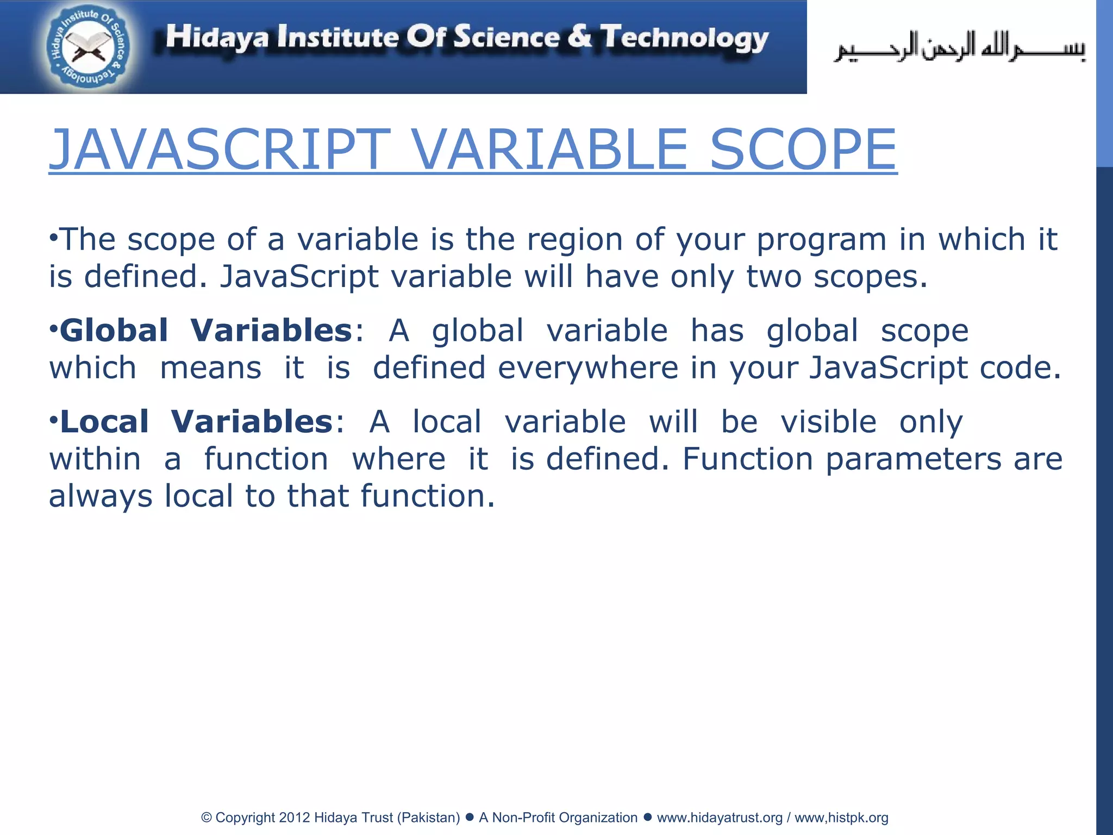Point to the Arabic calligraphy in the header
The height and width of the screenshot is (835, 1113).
pos(960,48)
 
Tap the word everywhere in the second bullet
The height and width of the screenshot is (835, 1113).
pos(588,368)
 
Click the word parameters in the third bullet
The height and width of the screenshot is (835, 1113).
pos(914,459)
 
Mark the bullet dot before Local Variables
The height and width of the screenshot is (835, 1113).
pos(53,420)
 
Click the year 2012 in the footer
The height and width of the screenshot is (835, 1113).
pos(295,818)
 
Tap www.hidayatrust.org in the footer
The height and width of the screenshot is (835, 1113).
pos(720,818)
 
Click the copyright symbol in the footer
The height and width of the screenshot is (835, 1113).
pos(207,818)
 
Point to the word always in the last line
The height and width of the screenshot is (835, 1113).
pos(101,497)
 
